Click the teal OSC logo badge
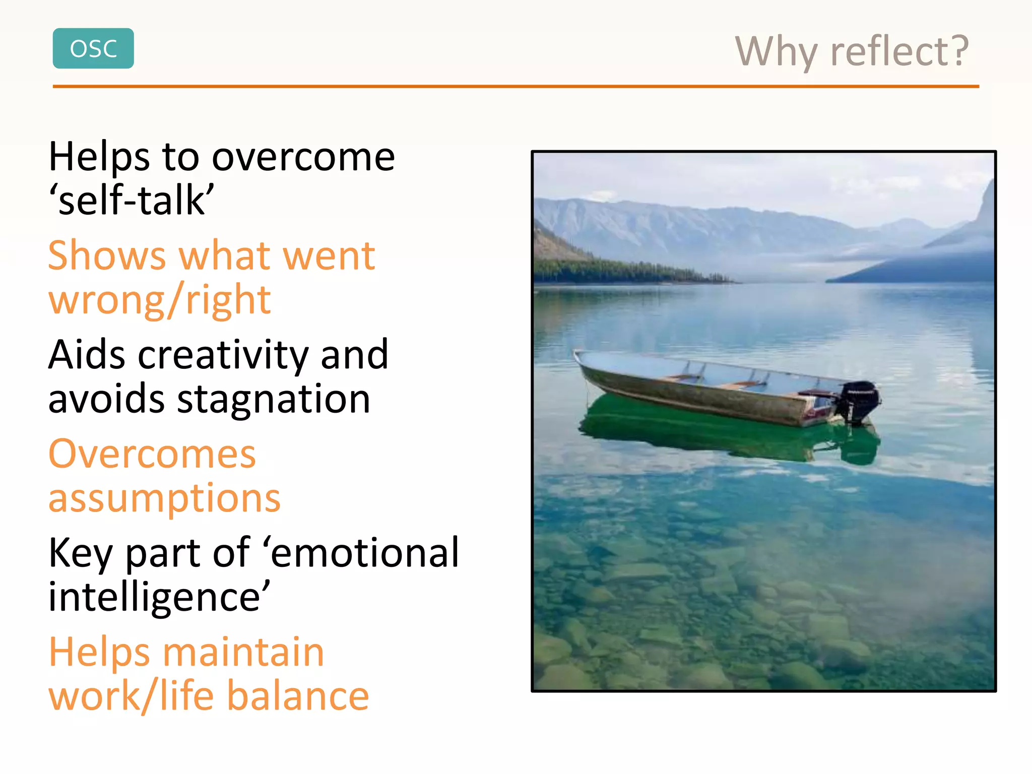click(x=93, y=48)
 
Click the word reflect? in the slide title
click(x=899, y=51)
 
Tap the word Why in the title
click(x=776, y=52)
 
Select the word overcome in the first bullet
click(x=303, y=157)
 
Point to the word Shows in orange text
click(x=107, y=256)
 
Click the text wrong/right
click(x=159, y=300)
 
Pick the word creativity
click(x=223, y=355)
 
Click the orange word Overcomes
click(x=152, y=454)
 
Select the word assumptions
click(x=164, y=498)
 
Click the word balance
click(x=298, y=696)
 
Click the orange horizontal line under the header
click(x=515, y=87)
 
